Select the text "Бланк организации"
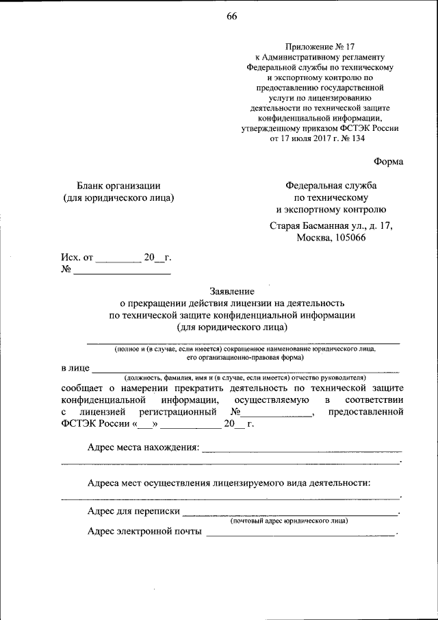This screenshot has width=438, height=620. (118, 185)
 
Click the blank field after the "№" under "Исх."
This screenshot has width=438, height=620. (122, 272)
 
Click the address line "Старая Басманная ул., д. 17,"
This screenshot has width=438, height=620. (331, 225)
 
